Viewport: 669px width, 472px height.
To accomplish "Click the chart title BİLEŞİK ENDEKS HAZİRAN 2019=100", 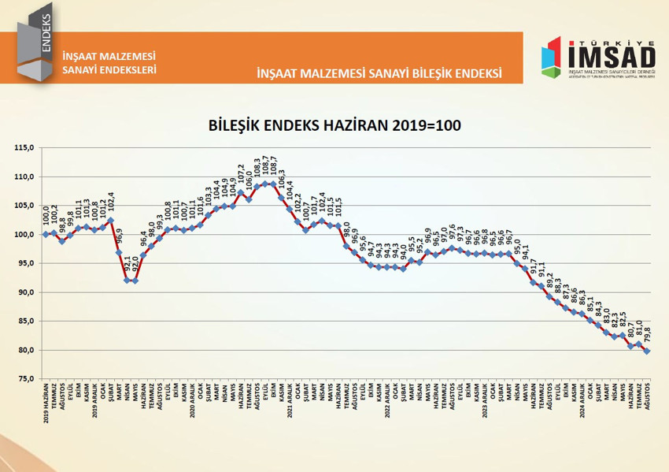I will coord(334,125).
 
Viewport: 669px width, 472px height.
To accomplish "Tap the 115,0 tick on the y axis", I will coord(26,148).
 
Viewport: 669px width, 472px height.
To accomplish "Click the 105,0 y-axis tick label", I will coord(26,206).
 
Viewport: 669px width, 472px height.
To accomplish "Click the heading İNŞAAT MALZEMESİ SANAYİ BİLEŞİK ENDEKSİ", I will coord(379,73).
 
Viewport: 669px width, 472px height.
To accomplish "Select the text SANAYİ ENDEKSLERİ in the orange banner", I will coord(109,69).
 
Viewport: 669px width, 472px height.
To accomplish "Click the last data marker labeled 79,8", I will coord(647,351).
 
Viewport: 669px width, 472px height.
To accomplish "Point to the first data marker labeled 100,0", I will coord(46,235).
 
